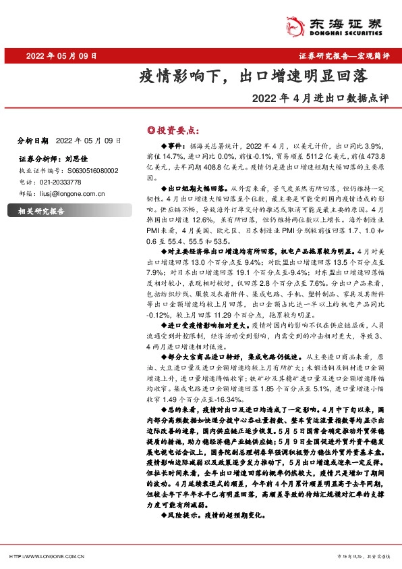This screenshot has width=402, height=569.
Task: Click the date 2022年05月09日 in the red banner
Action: click(x=65, y=56)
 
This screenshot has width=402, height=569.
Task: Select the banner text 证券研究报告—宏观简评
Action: click(x=343, y=56)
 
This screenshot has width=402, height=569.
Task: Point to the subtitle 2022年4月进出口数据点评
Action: click(x=320, y=97)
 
